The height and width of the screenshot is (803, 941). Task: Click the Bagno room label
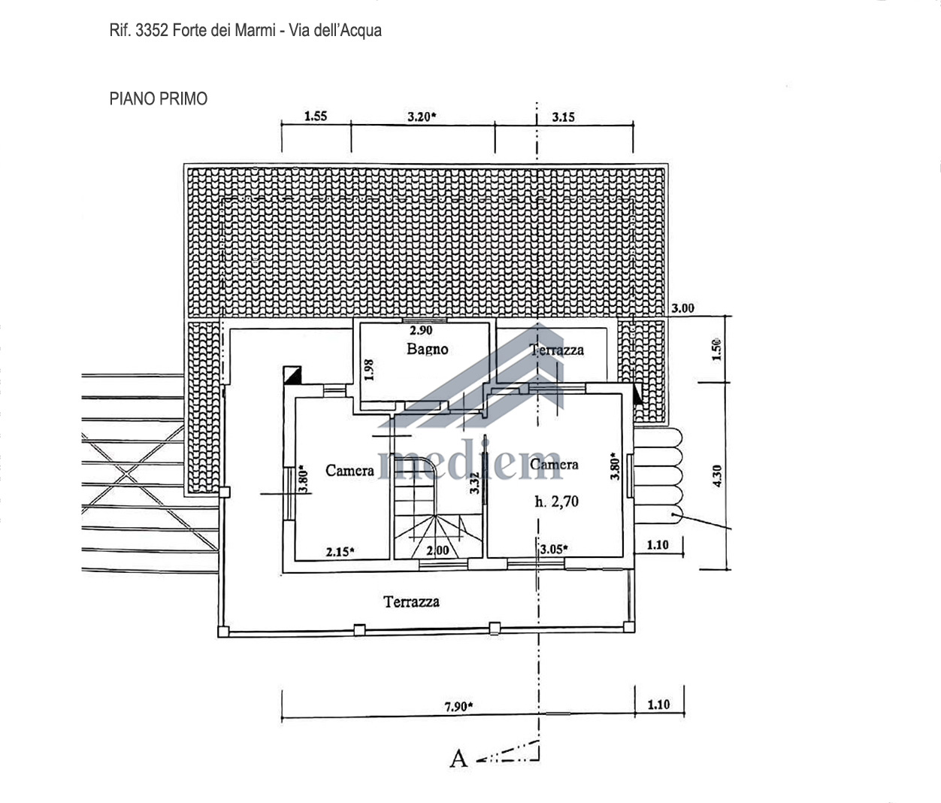tap(428, 350)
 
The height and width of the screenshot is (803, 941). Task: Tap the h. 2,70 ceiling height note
tap(556, 501)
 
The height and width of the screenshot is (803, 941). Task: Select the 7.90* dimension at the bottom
tap(459, 707)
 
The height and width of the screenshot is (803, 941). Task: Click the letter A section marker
tap(458, 759)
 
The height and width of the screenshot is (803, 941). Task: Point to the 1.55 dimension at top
tap(316, 116)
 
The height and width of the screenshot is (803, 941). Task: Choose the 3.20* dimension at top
tap(422, 117)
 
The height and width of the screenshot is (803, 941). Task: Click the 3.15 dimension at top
tap(563, 117)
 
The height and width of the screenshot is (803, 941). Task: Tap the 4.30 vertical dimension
tap(717, 476)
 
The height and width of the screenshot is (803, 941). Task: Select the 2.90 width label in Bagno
tap(421, 330)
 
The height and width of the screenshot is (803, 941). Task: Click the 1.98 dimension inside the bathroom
tap(369, 370)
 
